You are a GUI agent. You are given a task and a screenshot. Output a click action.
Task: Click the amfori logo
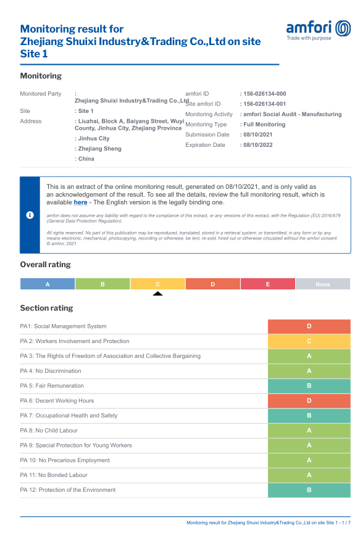point(319,30)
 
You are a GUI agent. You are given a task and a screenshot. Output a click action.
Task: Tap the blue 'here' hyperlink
point(80,202)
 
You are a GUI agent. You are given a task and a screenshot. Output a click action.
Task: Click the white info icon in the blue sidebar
point(30,215)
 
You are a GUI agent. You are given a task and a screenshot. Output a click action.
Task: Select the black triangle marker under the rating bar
point(157,294)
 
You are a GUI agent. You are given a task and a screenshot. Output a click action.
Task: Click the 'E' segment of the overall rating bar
point(268,284)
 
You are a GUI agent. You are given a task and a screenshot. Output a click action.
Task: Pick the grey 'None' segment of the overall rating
point(323,284)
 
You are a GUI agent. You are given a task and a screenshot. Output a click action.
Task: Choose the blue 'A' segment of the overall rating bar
point(48,284)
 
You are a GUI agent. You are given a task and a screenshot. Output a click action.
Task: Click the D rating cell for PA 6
point(309,400)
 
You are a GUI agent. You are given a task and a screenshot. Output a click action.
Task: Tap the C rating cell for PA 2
point(309,341)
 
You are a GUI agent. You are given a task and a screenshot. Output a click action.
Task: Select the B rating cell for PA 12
point(309,490)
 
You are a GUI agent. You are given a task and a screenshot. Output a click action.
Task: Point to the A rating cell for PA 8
point(309,430)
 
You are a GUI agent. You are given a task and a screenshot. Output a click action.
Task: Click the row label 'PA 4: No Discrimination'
point(51,371)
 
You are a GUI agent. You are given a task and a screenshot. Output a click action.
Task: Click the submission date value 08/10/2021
point(258,135)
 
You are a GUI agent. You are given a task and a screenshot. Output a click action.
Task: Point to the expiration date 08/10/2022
point(258,144)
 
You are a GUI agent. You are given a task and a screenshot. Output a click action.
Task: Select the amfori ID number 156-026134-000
point(265,94)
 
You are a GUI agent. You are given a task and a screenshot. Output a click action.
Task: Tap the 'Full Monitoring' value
point(264,125)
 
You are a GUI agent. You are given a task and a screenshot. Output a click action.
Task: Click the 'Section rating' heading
point(46,308)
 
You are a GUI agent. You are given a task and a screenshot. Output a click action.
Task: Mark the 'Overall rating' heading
point(46,265)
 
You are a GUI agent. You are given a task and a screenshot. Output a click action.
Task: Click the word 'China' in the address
point(86,159)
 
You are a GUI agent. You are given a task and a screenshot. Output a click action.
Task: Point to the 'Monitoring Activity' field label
point(209,114)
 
